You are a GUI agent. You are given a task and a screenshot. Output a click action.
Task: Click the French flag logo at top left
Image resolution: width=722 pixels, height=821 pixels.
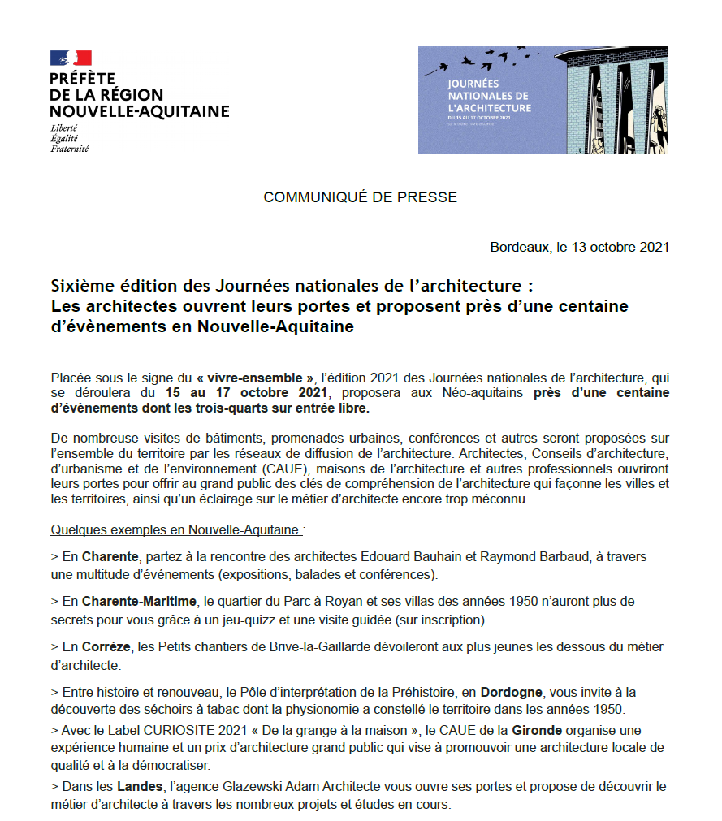71,58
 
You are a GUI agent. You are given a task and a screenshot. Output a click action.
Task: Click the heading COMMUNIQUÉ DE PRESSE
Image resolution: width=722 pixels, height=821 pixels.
360,197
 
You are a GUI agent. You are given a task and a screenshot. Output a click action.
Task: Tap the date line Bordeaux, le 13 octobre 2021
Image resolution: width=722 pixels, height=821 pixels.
579,247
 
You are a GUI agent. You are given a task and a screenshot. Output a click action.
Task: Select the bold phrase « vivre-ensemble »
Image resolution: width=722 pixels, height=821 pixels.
254,378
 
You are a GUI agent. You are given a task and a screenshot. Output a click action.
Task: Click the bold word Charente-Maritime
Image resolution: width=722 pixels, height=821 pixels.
140,602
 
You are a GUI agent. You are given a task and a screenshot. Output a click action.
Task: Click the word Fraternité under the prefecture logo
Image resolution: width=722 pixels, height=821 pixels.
69,149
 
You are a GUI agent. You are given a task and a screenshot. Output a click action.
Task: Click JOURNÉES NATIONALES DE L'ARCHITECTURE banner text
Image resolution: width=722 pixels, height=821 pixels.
488,96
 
